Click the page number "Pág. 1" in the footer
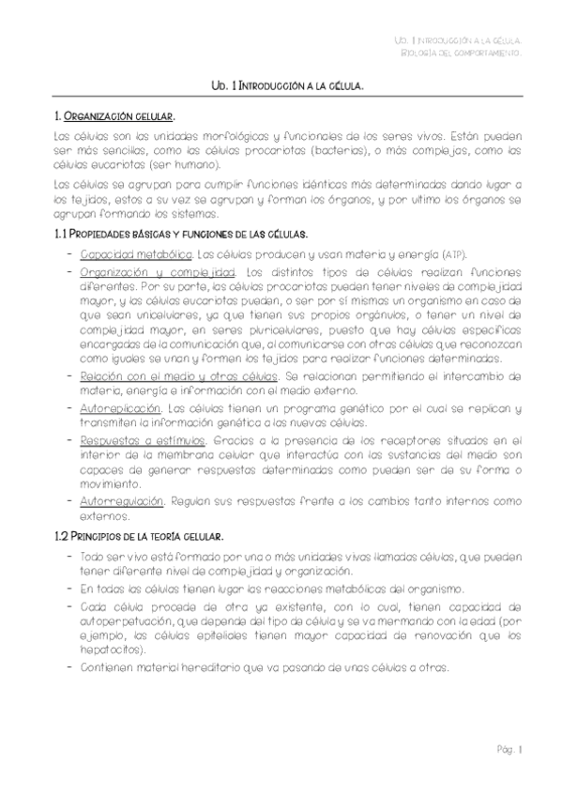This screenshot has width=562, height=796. click(509, 749)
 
